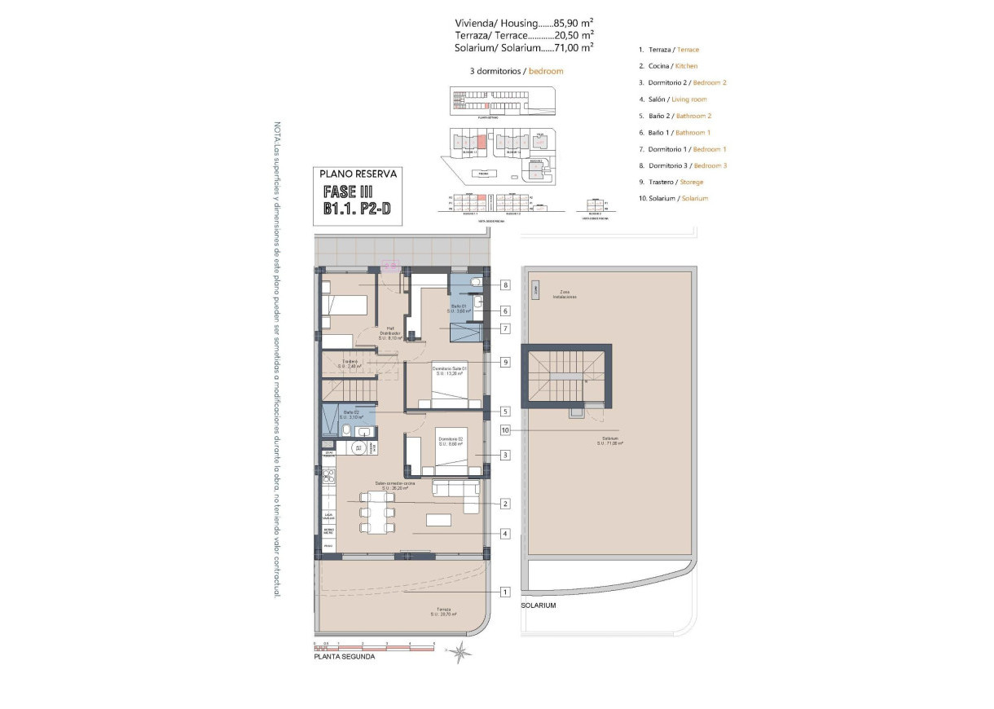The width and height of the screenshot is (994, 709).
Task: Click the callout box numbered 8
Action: click(x=506, y=285)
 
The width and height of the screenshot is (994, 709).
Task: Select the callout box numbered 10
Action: click(x=505, y=429)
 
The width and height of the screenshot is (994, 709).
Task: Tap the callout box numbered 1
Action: click(x=505, y=592)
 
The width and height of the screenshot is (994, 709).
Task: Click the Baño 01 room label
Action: click(x=455, y=308)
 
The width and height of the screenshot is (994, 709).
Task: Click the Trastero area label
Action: click(x=350, y=363)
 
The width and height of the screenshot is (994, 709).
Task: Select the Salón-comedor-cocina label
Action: click(x=396, y=487)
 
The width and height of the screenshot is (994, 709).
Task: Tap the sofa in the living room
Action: click(x=456, y=492)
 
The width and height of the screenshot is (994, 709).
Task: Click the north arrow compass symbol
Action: click(x=461, y=650)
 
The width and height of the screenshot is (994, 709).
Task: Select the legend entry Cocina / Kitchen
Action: click(x=668, y=66)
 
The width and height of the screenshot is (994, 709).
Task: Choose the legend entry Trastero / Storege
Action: click(x=671, y=182)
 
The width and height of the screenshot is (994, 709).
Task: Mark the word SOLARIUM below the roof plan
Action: click(x=539, y=606)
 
